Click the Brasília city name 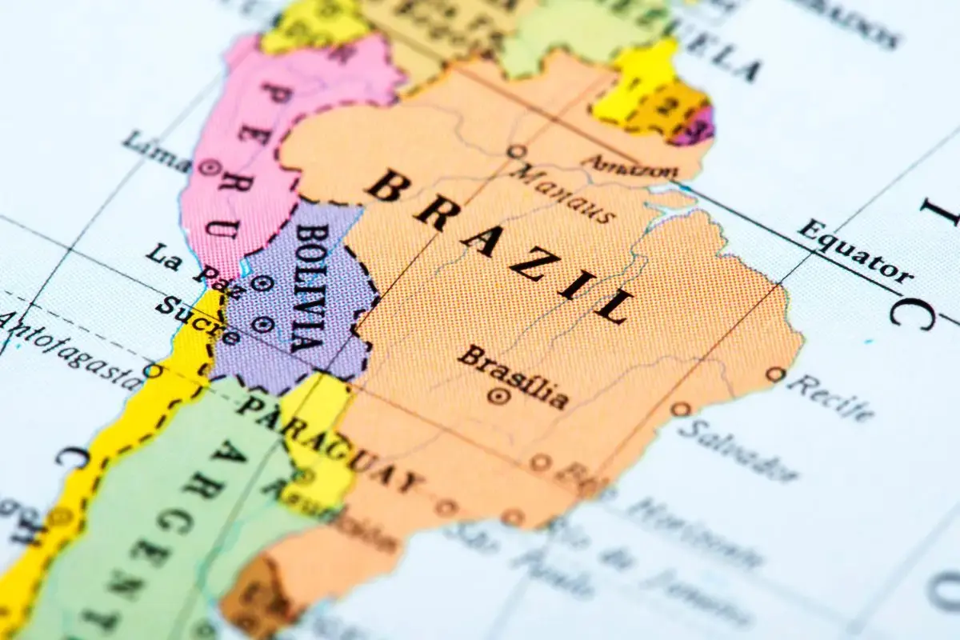click(x=513, y=376)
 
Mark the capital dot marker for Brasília click(x=499, y=395)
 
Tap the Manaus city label click(x=563, y=193)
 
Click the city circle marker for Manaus click(x=518, y=151)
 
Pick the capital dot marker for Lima click(x=211, y=168)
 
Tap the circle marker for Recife click(x=774, y=374)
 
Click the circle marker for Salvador click(x=681, y=409)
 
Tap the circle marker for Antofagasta click(x=152, y=370)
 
